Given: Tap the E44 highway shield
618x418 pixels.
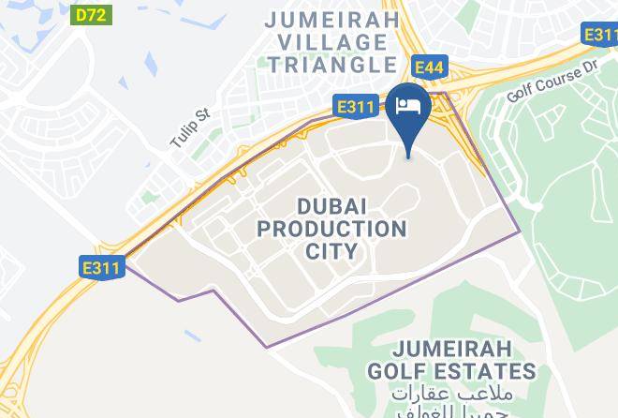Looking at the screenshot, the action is pyautogui.click(x=429, y=67).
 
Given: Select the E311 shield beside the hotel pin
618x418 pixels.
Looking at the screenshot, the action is pyautogui.click(x=357, y=108).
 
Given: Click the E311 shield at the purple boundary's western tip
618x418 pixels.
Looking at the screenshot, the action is pyautogui.click(x=100, y=268).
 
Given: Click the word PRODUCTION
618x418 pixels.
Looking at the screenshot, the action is pyautogui.click(x=332, y=229).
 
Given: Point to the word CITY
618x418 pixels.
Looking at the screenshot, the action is pyautogui.click(x=332, y=251).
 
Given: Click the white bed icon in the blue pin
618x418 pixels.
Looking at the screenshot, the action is pyautogui.click(x=409, y=106).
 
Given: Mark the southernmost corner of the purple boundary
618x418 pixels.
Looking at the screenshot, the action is pyautogui.click(x=266, y=348).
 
